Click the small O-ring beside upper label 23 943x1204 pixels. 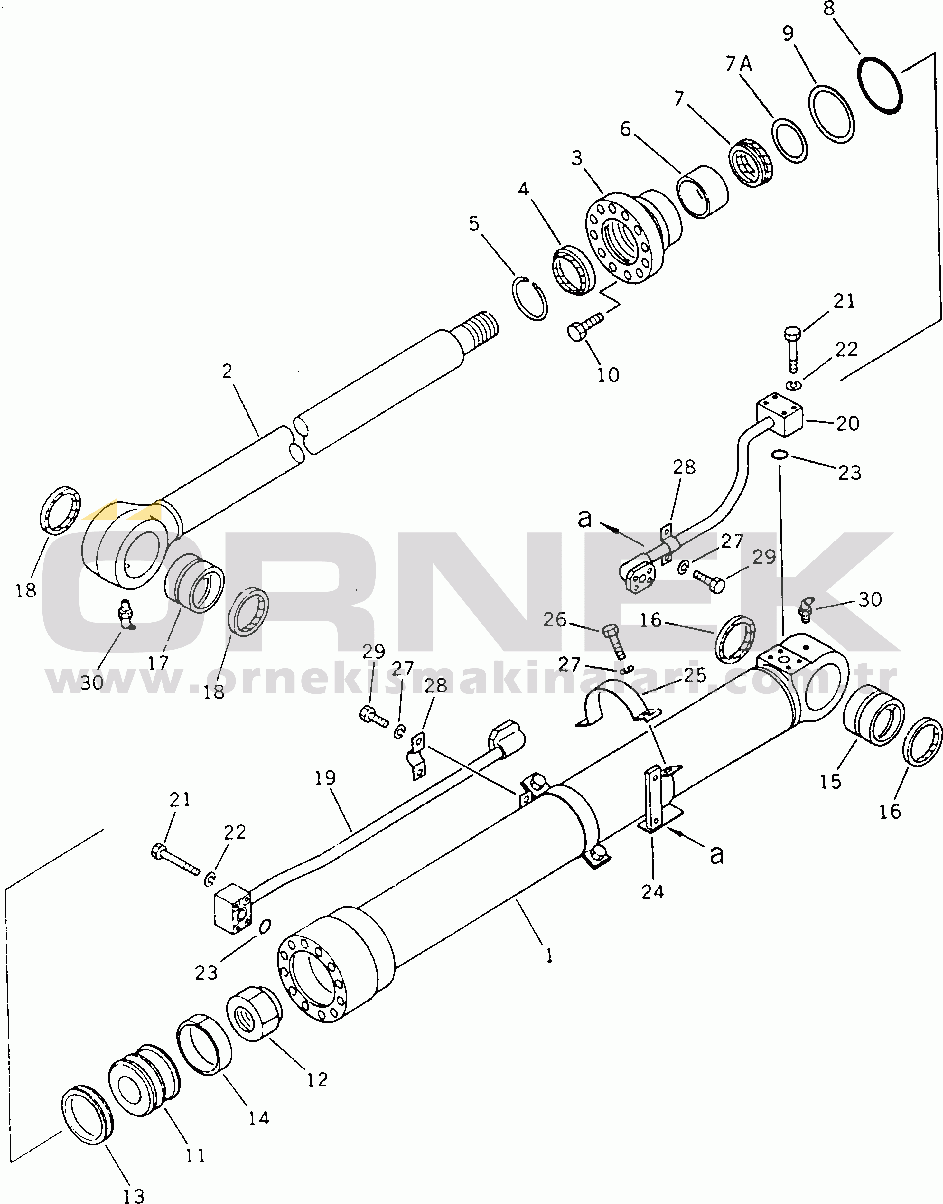click(780, 454)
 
